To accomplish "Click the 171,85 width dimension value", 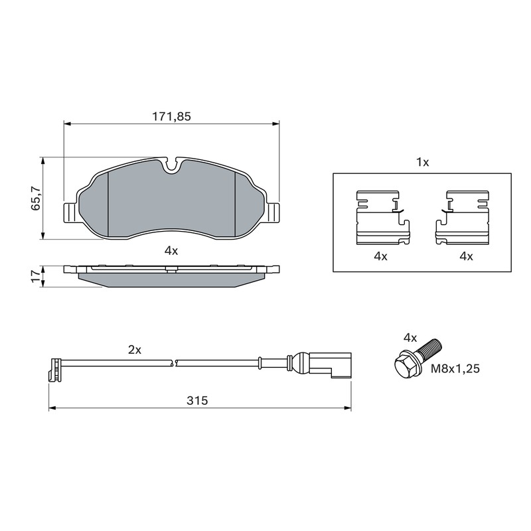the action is coord(171,117).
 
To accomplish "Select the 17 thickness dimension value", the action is coord(35,276).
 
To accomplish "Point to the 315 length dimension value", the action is coord(197,401).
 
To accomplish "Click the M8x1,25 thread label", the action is coord(455,368).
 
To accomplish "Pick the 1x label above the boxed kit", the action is coord(422,163).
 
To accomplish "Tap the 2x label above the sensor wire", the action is coord(135,350).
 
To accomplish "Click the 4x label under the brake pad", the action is coord(171,251).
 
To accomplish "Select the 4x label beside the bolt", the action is coord(410,338).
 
